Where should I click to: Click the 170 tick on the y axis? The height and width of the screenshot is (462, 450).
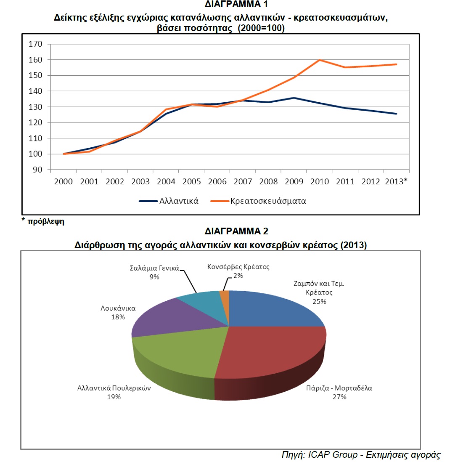click(x=35, y=44)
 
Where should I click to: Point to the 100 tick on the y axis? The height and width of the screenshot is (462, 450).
click(x=35, y=154)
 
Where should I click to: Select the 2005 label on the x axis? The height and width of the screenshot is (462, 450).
click(x=191, y=181)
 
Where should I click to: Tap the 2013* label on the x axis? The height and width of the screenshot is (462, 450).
click(x=396, y=181)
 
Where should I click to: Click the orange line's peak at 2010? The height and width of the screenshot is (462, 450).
click(x=320, y=60)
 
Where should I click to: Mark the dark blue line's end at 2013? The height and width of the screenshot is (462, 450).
click(x=397, y=114)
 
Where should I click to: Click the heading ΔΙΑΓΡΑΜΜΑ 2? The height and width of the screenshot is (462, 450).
click(x=236, y=231)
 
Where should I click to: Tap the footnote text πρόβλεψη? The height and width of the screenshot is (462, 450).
click(x=46, y=221)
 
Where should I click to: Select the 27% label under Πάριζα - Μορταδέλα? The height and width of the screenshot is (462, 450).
click(x=339, y=397)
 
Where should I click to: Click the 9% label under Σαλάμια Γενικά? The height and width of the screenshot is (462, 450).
click(x=154, y=277)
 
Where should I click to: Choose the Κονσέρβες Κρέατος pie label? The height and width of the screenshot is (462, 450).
click(x=238, y=267)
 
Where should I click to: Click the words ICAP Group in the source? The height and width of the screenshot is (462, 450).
click(x=333, y=455)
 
